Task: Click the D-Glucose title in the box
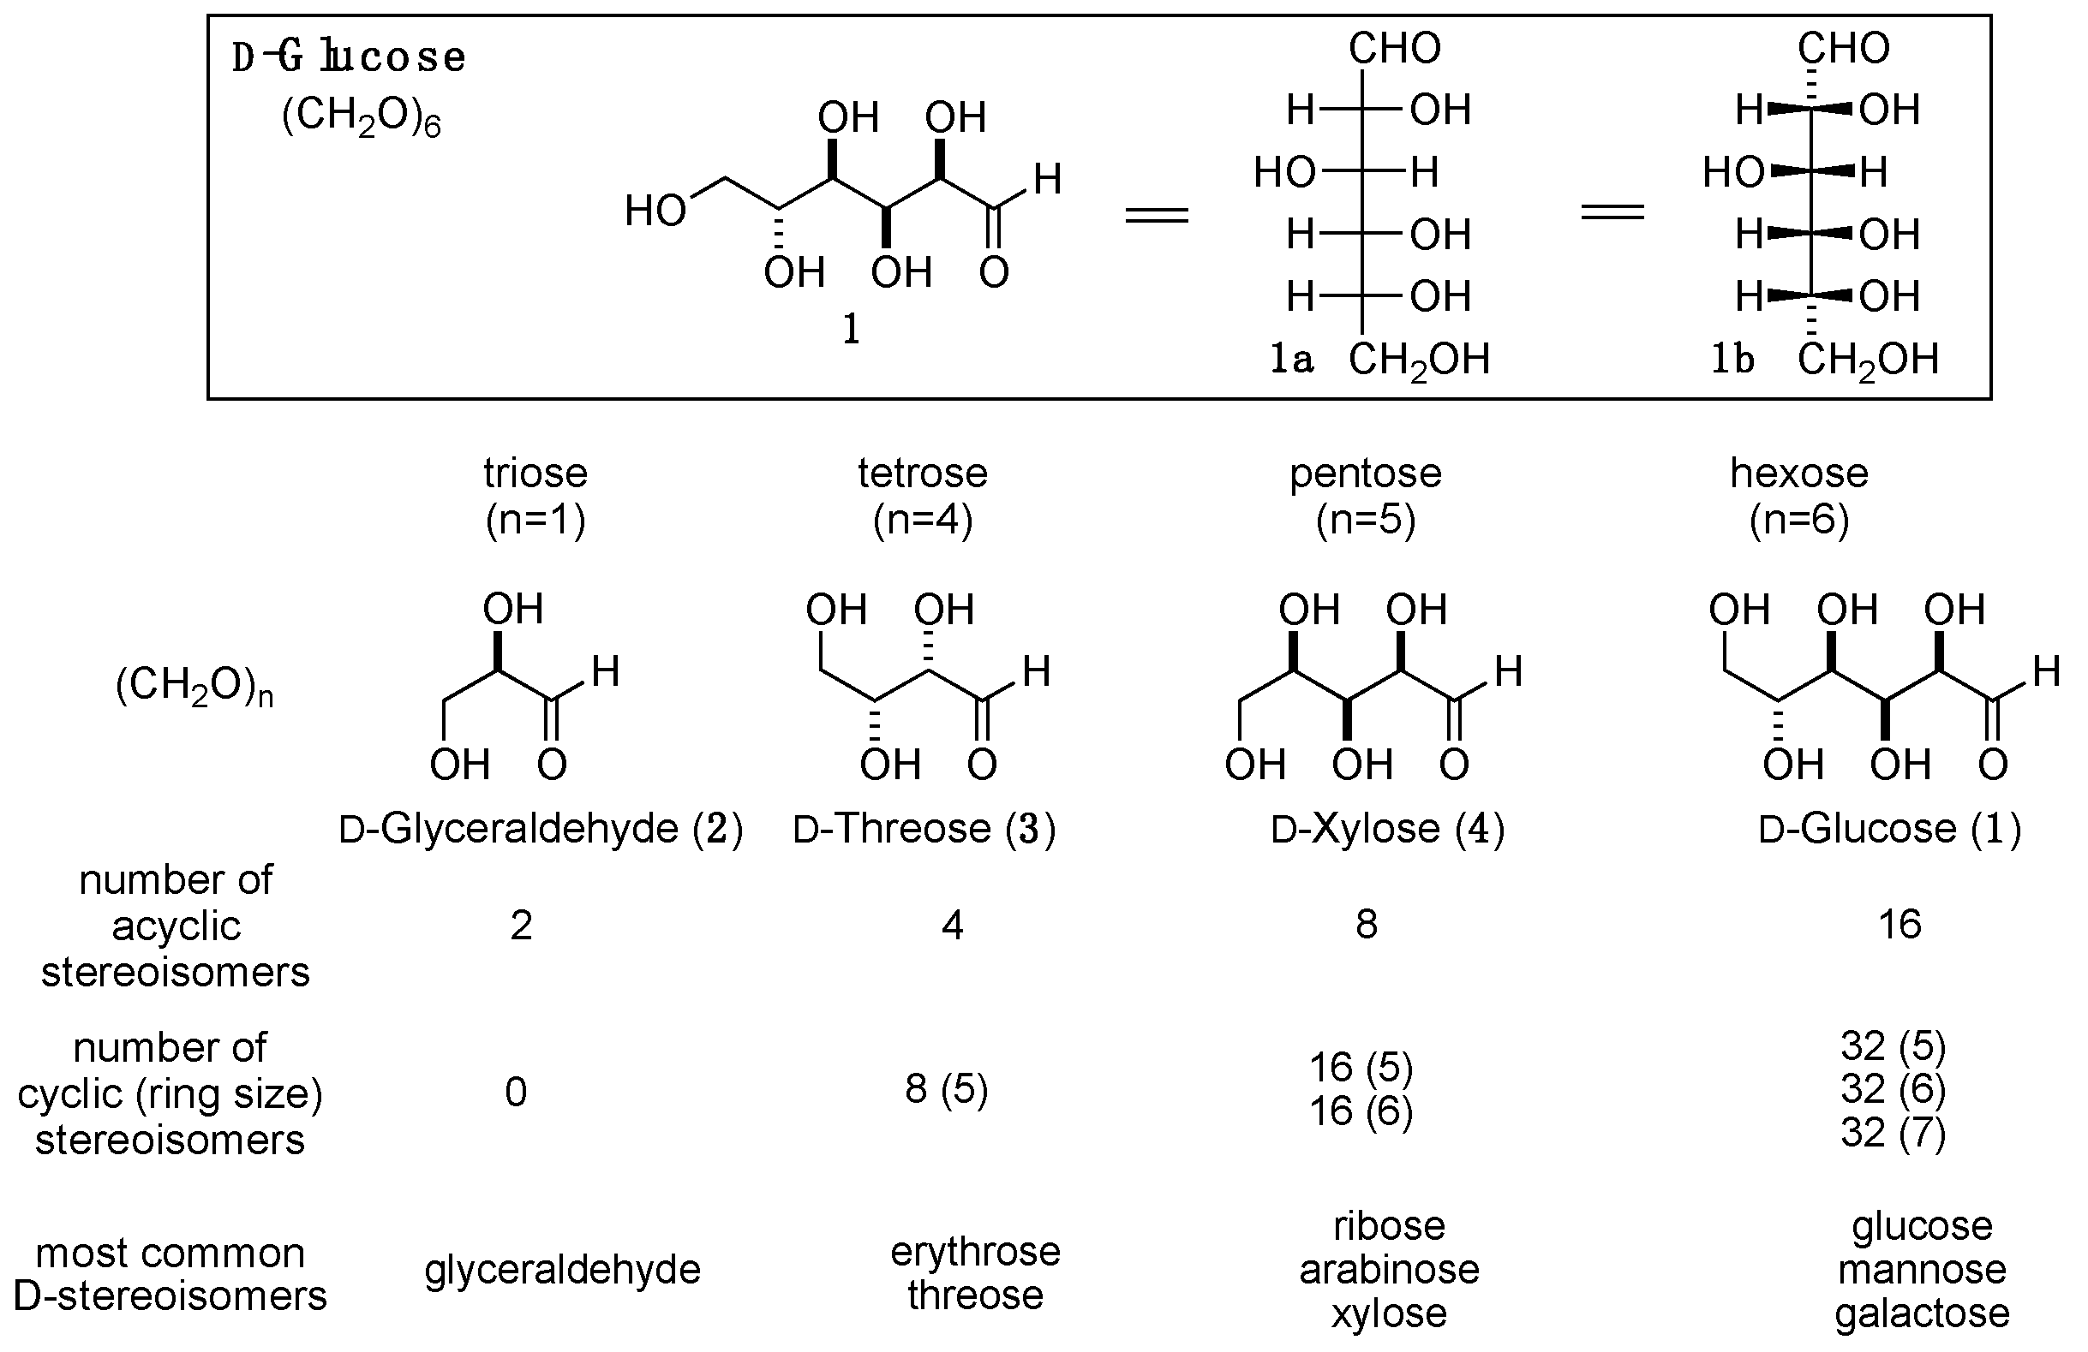click(x=350, y=58)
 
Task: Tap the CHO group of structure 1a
click(x=1394, y=48)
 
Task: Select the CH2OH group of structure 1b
click(x=1868, y=360)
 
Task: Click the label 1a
click(x=1291, y=360)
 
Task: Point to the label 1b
click(x=1732, y=360)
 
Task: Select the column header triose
click(x=535, y=473)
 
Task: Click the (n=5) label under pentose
click(x=1365, y=520)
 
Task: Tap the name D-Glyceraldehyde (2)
click(x=541, y=829)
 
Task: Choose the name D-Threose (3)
click(x=924, y=829)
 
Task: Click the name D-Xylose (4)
click(x=1387, y=829)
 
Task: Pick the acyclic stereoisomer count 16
click(x=1900, y=925)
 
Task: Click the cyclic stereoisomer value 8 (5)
click(x=946, y=1090)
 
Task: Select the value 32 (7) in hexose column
click(x=1893, y=1133)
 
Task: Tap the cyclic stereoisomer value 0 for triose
click(x=516, y=1093)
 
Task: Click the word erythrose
click(x=975, y=1252)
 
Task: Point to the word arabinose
click(x=1389, y=1270)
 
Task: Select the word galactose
click(x=1921, y=1313)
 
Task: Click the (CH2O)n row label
click(x=194, y=688)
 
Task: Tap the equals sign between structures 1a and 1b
click(x=1612, y=211)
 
